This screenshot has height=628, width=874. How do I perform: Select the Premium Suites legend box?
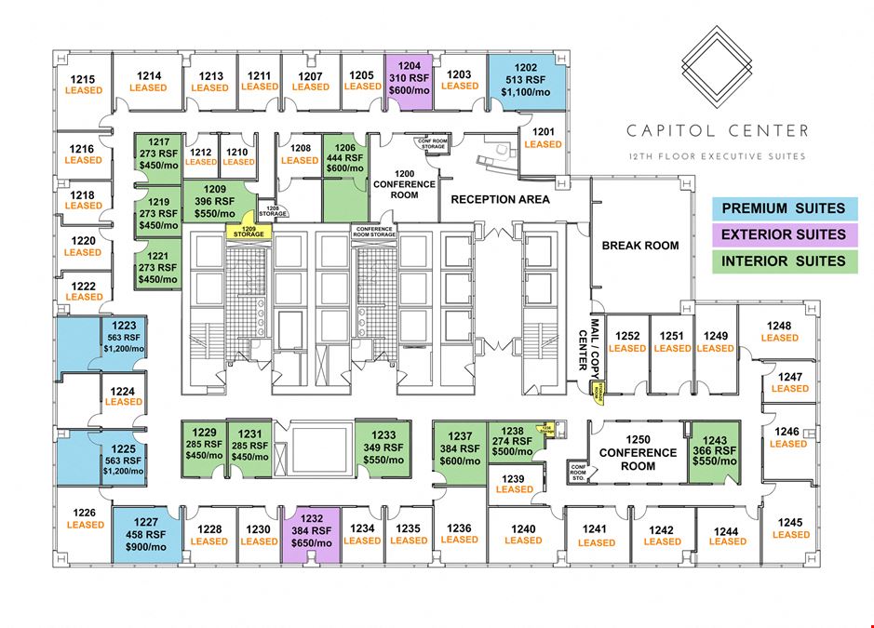(x=783, y=208)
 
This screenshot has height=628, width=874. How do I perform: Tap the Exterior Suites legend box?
(x=783, y=234)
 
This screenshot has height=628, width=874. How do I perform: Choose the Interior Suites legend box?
(x=783, y=261)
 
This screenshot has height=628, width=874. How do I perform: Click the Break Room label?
(x=640, y=246)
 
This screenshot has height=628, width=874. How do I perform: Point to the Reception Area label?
(x=500, y=199)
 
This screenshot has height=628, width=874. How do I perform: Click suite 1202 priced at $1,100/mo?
(x=527, y=81)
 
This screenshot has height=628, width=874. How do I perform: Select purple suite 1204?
(x=409, y=79)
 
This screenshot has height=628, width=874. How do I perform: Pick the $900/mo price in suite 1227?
(x=147, y=547)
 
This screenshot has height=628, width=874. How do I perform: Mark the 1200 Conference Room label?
(x=403, y=184)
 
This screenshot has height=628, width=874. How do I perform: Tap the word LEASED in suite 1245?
(x=790, y=535)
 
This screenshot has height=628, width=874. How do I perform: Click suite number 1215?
(x=84, y=80)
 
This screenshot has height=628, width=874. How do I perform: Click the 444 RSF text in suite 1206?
(x=345, y=157)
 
